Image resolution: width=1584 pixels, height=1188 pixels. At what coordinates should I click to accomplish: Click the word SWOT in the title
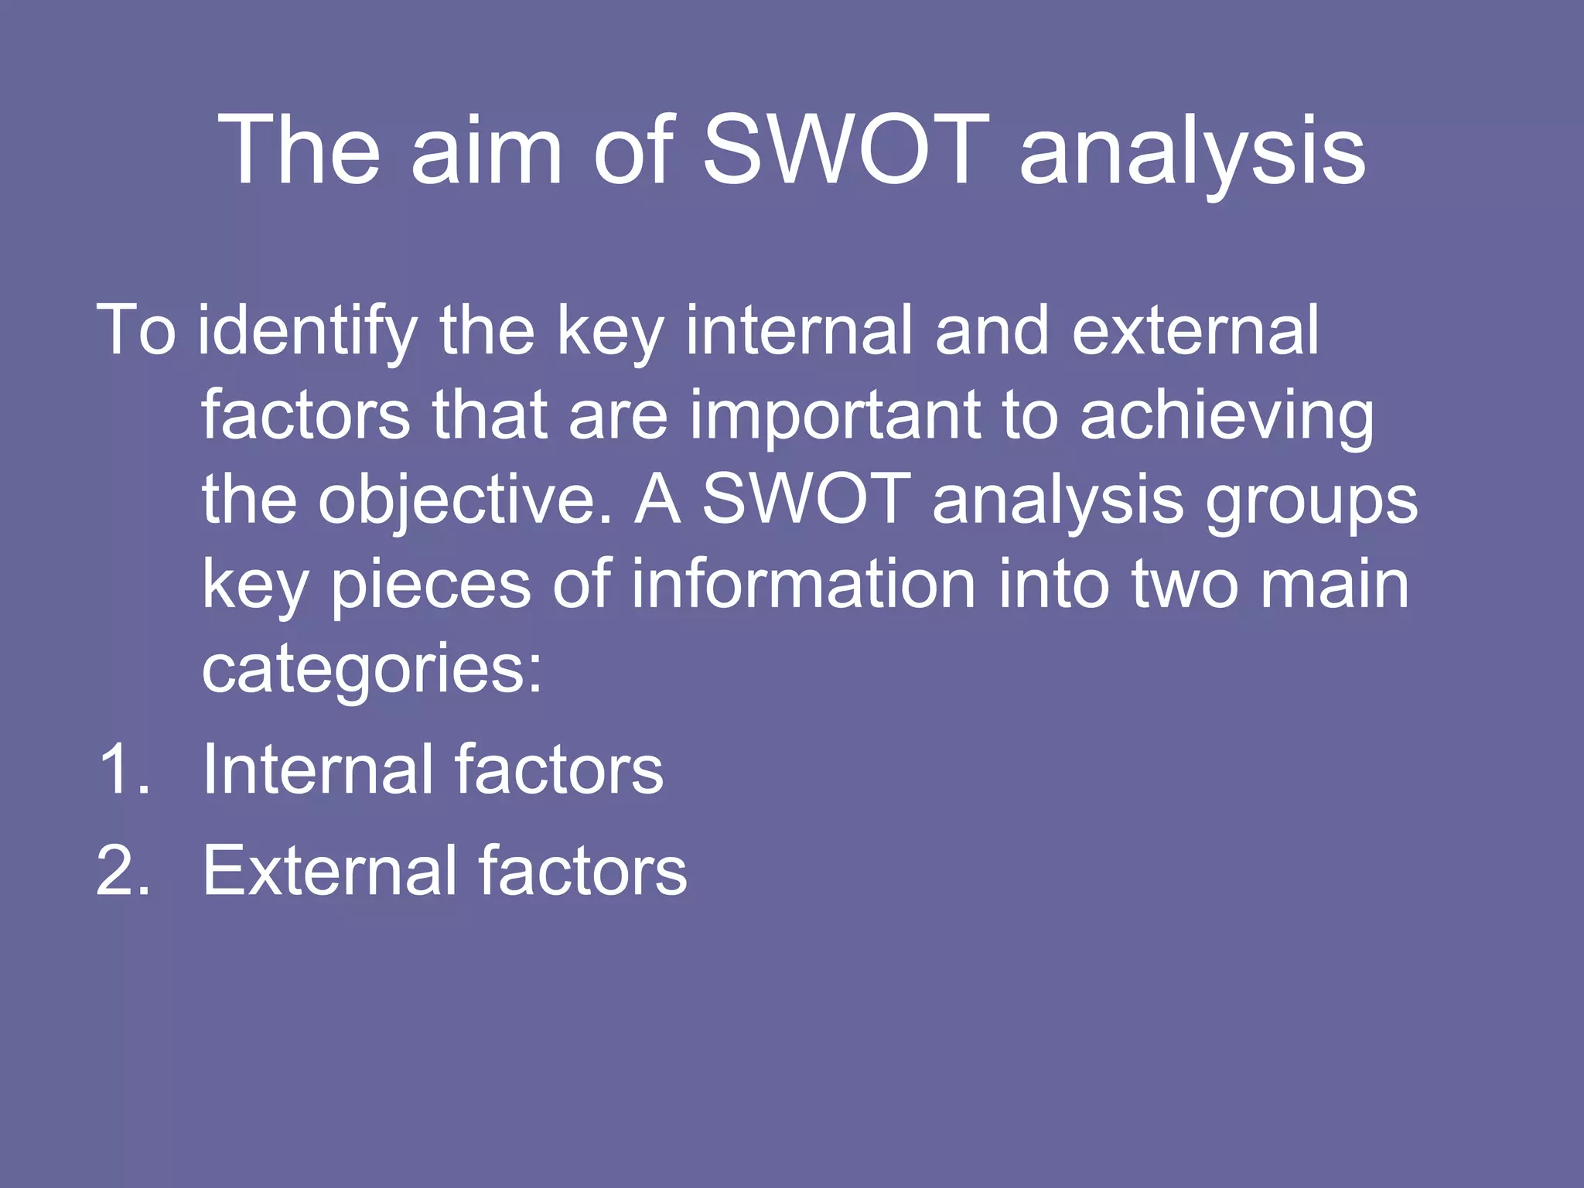click(845, 150)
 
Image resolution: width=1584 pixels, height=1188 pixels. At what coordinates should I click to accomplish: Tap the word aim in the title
click(486, 150)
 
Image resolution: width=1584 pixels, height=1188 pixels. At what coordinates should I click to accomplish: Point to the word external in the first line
click(1196, 331)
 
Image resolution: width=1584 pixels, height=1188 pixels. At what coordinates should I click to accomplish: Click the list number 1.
click(122, 770)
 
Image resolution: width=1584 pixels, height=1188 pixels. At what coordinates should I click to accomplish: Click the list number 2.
click(122, 871)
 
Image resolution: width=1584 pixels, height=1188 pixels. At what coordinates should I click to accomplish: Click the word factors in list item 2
click(582, 871)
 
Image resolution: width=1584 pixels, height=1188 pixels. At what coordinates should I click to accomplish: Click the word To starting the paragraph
click(136, 331)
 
